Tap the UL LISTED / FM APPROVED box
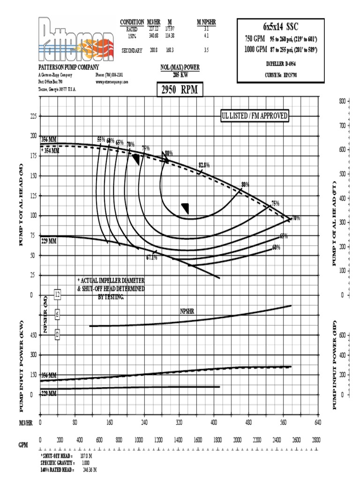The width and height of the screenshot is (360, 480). pos(255,116)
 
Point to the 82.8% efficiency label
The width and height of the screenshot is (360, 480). pos(204,165)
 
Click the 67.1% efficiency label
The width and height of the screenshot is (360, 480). pos(151,257)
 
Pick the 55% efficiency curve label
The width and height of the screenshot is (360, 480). pos(101,139)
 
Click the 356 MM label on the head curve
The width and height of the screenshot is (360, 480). pos(48,140)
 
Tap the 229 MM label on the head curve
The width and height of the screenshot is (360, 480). pos(48,242)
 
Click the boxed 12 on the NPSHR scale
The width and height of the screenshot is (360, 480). pos(57,294)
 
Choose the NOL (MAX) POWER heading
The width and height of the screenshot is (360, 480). pos(180,67)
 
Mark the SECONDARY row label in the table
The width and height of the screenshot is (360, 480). pos(132,50)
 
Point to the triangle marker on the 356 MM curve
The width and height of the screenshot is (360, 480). pos(136,159)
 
